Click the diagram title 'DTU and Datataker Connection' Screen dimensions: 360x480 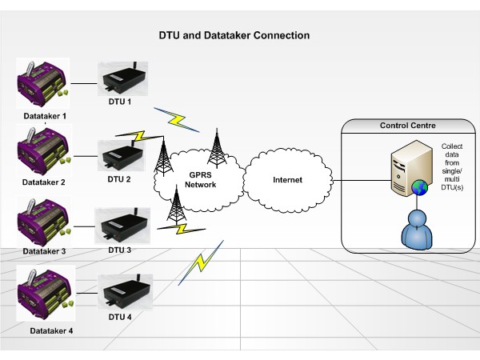232,36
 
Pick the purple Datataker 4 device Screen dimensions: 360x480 43,290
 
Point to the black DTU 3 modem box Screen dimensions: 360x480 122,225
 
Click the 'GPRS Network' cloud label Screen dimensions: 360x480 200,180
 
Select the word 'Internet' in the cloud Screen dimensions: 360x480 287,180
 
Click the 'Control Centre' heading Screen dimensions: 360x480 406,126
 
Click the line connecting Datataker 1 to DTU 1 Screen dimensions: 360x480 83,82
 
